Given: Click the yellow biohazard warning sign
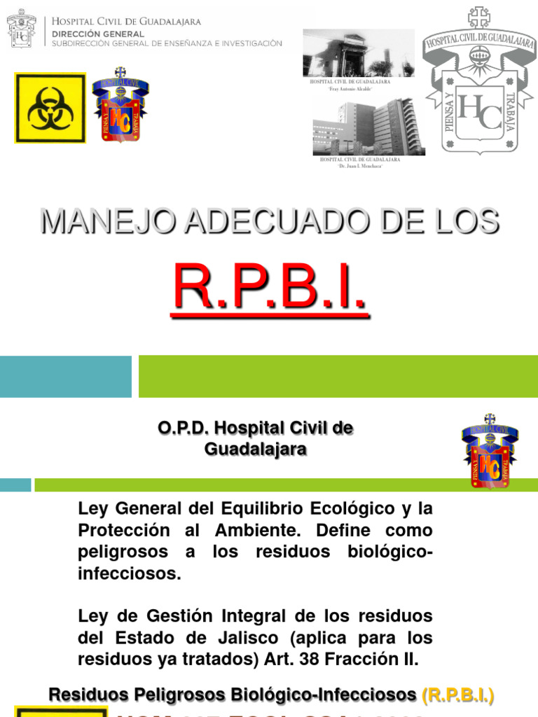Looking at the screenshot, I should [x=50, y=108].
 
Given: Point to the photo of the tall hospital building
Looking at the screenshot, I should [x=365, y=127].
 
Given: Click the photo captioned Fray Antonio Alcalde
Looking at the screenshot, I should [x=358, y=53].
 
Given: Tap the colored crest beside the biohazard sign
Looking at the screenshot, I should [x=120, y=105].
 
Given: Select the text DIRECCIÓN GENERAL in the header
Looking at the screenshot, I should [x=97, y=34].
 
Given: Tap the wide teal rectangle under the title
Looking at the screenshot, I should [x=65, y=376].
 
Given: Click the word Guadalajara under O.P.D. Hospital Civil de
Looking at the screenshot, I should [x=255, y=450].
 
